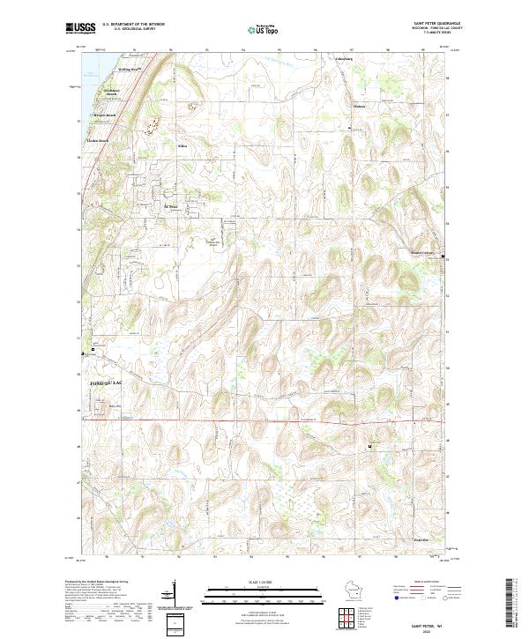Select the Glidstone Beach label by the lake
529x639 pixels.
click(x=110, y=92)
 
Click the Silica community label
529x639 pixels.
click(x=183, y=146)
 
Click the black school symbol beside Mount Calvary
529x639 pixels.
click(x=443, y=256)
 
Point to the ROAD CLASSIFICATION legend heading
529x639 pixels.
click(x=428, y=583)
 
